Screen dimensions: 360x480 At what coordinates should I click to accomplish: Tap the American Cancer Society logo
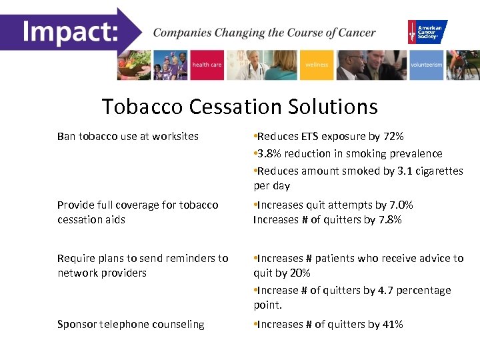click(427, 31)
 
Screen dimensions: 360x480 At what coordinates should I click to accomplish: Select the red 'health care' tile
click(207, 65)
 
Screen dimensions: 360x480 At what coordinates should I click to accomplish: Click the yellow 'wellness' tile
click(317, 65)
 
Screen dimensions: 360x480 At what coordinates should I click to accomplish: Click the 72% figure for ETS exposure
click(393, 137)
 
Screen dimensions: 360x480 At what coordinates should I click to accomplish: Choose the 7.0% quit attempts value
click(400, 205)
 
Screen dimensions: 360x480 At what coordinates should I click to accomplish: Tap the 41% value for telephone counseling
click(392, 325)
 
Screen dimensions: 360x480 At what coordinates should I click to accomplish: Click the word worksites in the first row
click(175, 137)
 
